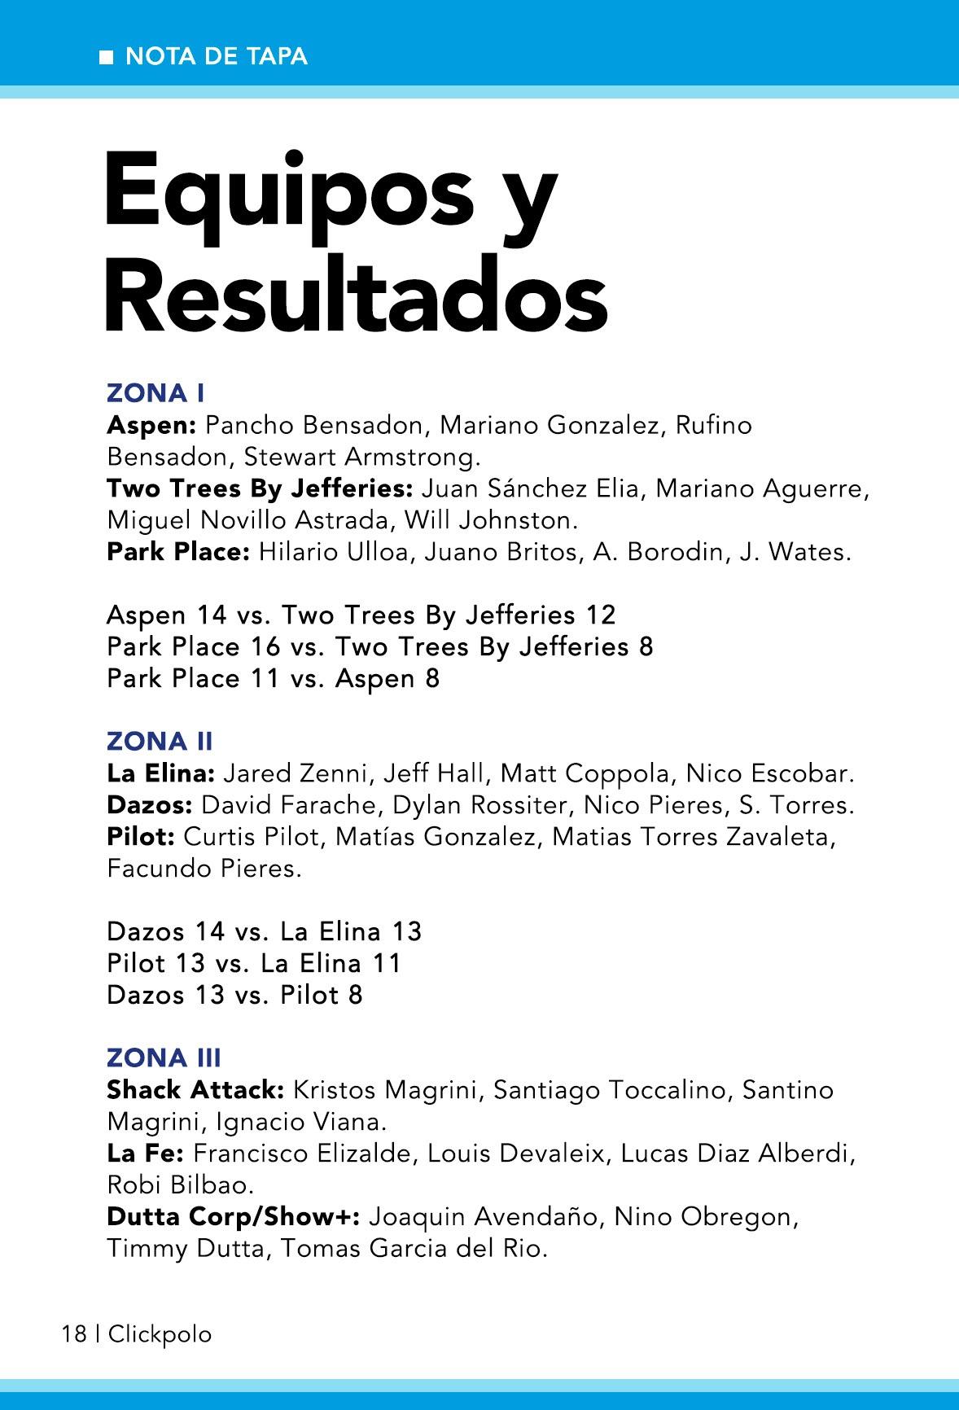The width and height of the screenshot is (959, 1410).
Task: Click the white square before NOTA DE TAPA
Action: click(x=106, y=58)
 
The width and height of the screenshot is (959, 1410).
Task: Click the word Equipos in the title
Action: click(x=289, y=191)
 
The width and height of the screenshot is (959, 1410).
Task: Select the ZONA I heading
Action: click(x=155, y=393)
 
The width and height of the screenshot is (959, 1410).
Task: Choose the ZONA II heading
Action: click(x=160, y=741)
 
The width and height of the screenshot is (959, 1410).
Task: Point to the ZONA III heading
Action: click(x=164, y=1057)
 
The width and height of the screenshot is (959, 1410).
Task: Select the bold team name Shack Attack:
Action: click(x=195, y=1089)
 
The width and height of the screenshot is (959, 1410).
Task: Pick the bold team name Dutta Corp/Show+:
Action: click(x=234, y=1216)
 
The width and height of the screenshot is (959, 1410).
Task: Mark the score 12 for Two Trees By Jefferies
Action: click(x=600, y=615)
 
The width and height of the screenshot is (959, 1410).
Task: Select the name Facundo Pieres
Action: click(x=204, y=869)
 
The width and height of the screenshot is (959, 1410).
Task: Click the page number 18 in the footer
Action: click(x=73, y=1334)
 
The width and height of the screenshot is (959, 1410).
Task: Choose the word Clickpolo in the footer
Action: click(x=160, y=1334)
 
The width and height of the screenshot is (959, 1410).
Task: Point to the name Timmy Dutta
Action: click(x=186, y=1248)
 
